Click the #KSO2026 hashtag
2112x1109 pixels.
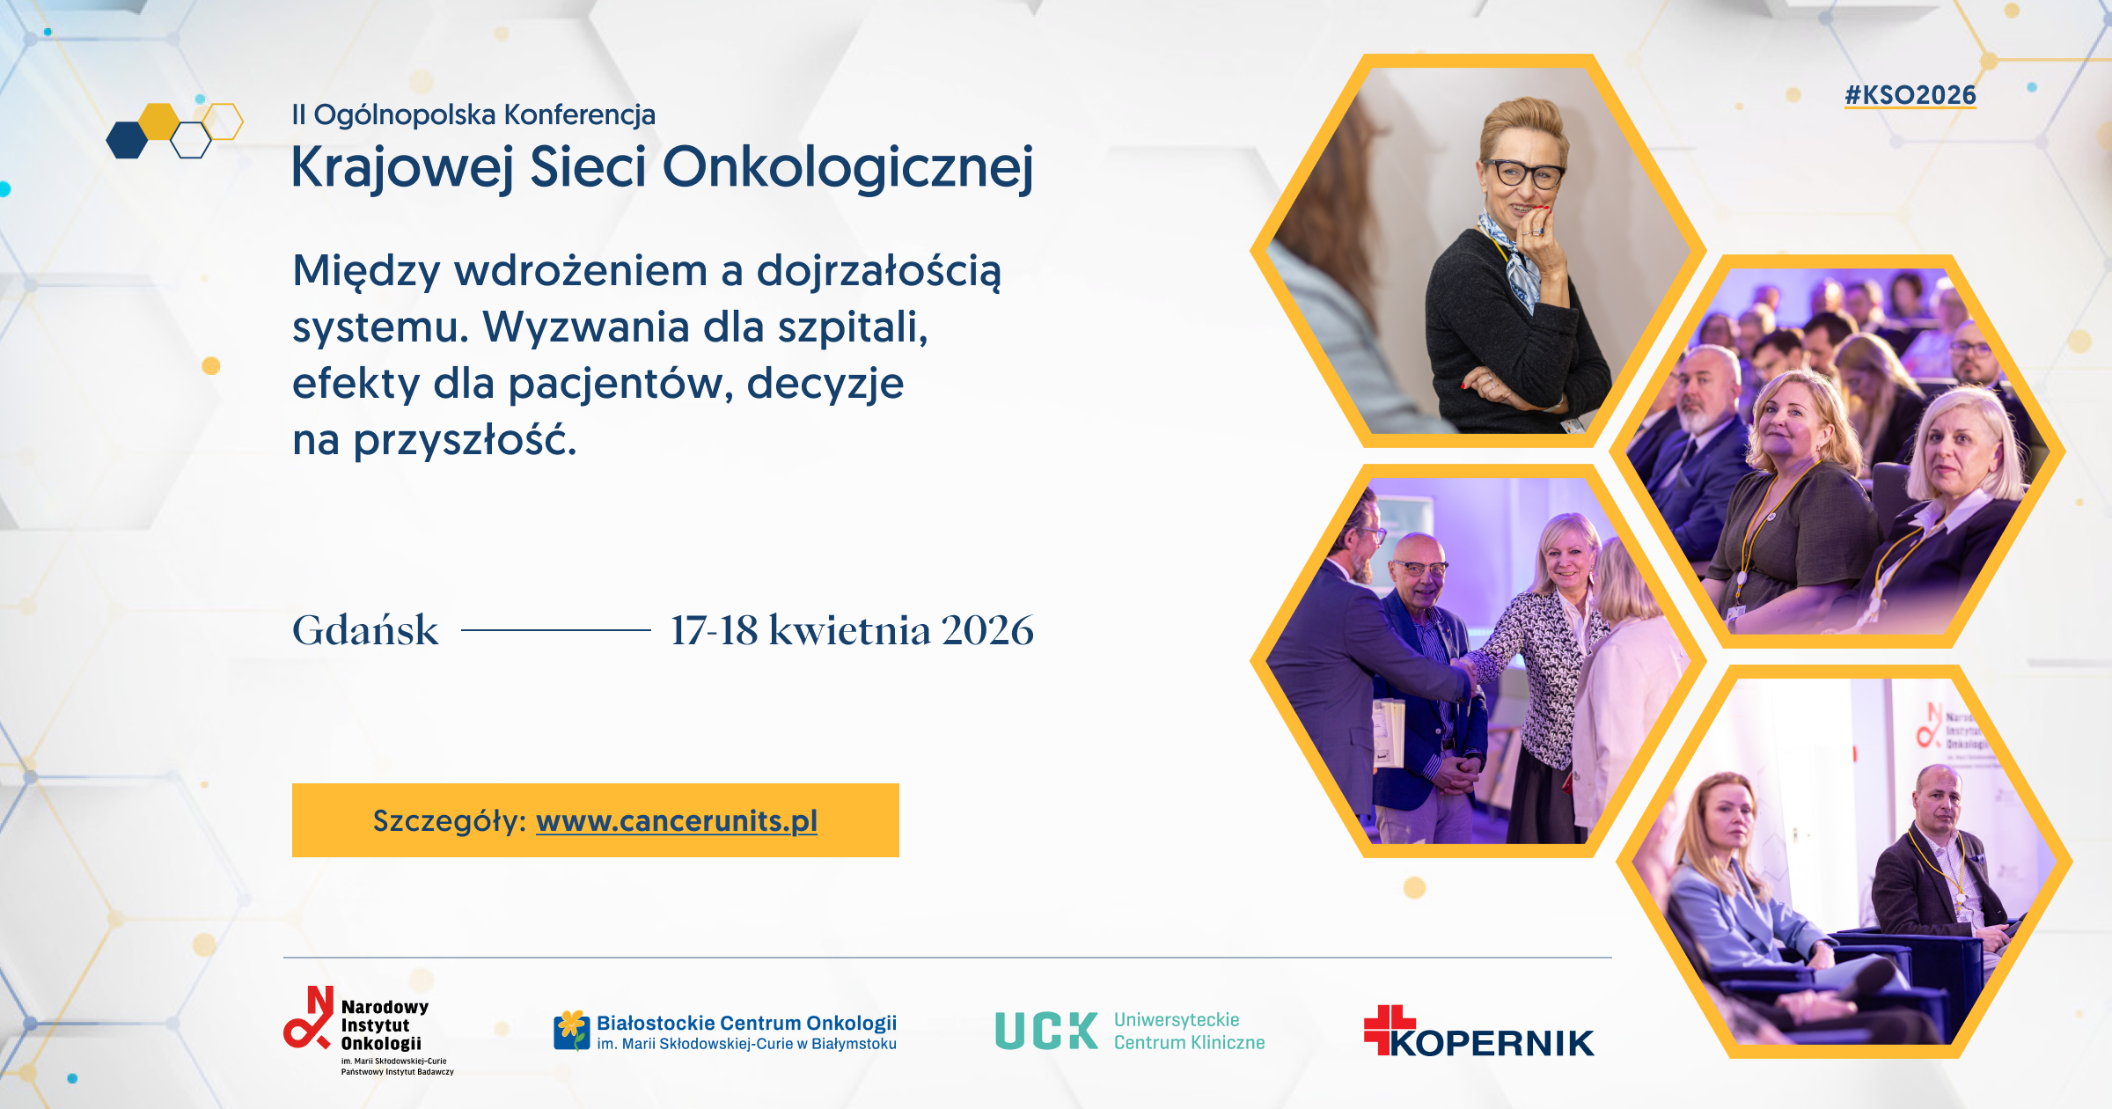[1910, 95]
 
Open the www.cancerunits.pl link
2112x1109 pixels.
[677, 821]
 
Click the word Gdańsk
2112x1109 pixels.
[365, 630]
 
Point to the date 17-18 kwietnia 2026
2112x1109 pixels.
[852, 630]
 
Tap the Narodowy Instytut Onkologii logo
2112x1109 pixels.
[369, 1031]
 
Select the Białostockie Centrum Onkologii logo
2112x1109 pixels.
[725, 1032]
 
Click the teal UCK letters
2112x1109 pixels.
[1046, 1031]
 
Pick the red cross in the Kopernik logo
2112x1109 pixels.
[1388, 1029]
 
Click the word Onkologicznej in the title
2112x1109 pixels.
[848, 167]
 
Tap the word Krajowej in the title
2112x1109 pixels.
[402, 167]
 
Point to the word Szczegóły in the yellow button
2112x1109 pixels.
[449, 821]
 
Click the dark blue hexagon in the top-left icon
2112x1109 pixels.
[127, 140]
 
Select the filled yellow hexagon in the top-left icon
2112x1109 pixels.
[160, 121]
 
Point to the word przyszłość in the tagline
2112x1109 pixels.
[465, 440]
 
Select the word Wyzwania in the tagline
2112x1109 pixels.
[586, 327]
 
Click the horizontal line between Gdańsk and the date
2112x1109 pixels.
[556, 630]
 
